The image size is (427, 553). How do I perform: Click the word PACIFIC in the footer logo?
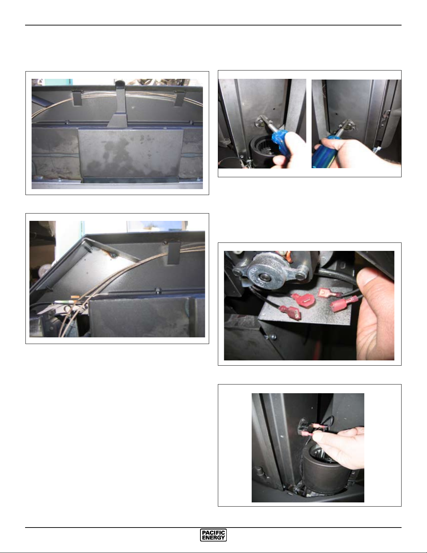(213, 533)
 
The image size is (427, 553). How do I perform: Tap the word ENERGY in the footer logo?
(213, 538)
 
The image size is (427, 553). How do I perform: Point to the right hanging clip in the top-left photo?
(180, 98)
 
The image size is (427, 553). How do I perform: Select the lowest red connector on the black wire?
(290, 313)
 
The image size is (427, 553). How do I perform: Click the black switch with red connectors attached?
(303, 429)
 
